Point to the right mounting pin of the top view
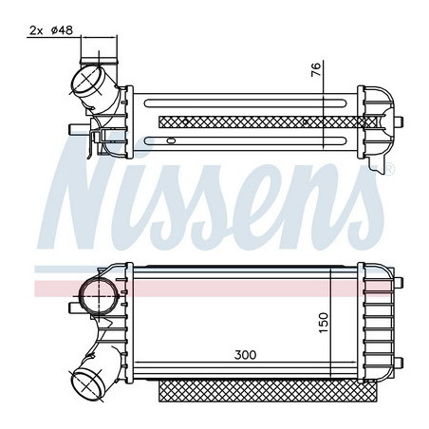click(x=402, y=121)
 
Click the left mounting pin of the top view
click(x=74, y=123)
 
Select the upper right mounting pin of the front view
click(x=403, y=282)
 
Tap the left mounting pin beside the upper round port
click(x=72, y=306)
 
